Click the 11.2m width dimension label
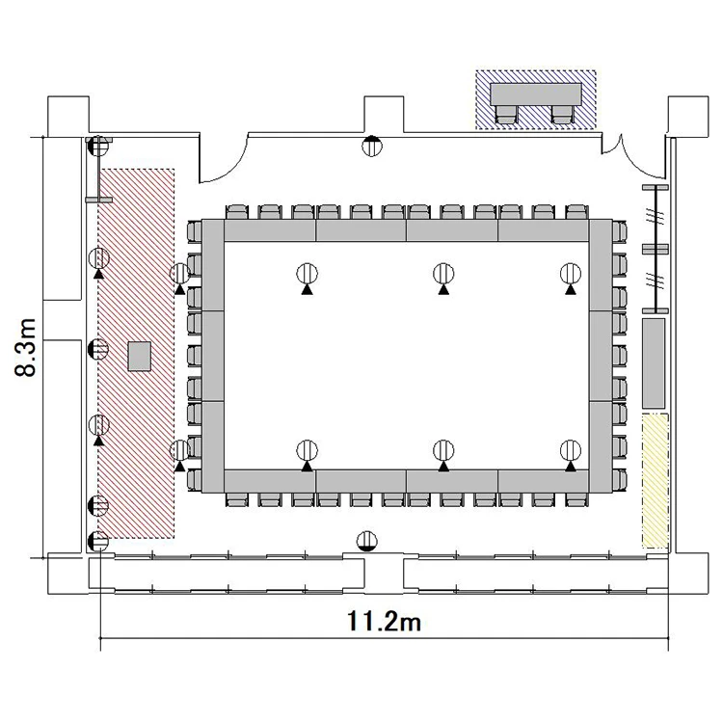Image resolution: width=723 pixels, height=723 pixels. click(384, 621)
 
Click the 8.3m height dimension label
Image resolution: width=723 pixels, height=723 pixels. click(26, 347)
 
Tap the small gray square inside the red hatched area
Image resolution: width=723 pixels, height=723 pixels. click(139, 357)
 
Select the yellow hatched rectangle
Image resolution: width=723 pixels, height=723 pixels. click(656, 481)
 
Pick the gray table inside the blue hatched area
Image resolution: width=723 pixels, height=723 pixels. click(536, 94)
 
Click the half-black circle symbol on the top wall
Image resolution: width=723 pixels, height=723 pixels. click(372, 146)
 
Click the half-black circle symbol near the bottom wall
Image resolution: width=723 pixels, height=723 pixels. click(367, 542)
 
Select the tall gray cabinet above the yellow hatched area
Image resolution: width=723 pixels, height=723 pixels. click(655, 363)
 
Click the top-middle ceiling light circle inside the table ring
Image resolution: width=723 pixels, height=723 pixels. click(443, 274)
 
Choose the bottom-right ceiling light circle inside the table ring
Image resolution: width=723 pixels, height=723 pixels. click(571, 450)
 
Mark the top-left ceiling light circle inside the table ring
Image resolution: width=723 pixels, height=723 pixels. click(308, 274)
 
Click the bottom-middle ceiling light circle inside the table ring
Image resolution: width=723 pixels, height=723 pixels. click(443, 450)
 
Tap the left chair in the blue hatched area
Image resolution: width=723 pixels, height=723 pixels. click(506, 115)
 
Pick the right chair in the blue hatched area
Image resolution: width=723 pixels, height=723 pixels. click(562, 115)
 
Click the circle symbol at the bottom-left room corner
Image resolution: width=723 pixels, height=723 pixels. click(97, 542)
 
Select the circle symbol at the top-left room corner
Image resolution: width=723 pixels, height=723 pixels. click(97, 147)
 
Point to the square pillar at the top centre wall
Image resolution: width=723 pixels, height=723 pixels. click(384, 115)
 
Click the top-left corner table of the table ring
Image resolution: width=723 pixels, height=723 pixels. click(213, 265)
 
